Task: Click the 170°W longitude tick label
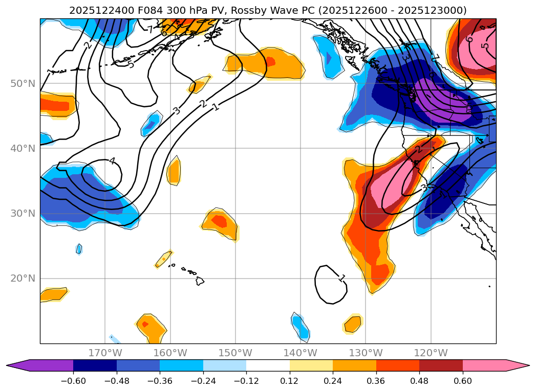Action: tap(105, 353)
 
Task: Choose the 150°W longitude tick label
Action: tap(235, 353)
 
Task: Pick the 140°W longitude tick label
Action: tap(301, 353)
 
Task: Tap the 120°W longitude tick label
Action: tap(431, 353)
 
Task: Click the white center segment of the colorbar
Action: tap(268, 365)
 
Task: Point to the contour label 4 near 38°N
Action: tap(112, 161)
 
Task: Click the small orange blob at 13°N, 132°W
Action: tap(352, 324)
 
